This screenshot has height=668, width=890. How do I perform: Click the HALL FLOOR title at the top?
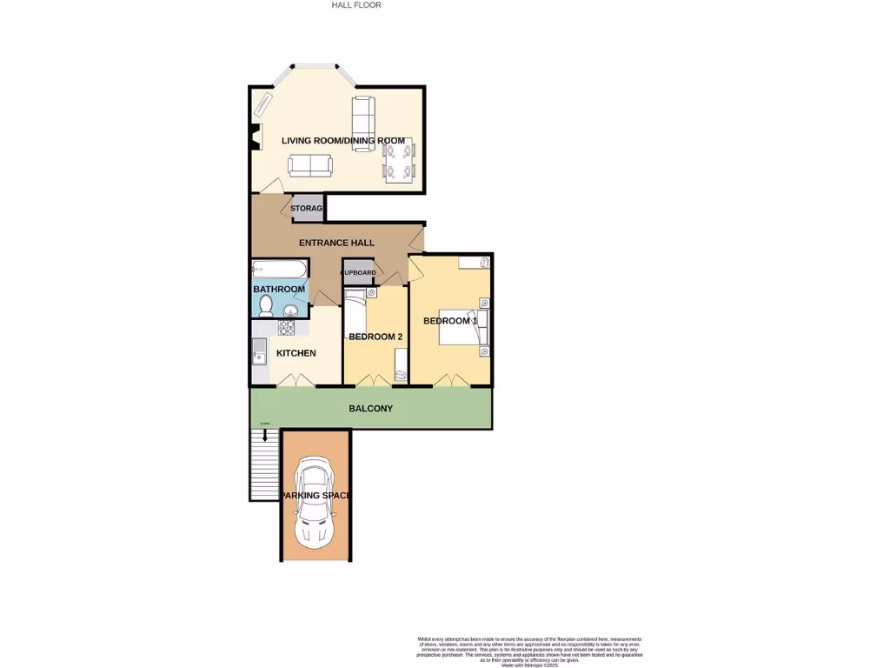(356, 5)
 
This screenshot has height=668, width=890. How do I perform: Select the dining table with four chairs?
(400, 161)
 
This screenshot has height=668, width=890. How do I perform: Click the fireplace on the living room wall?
(255, 137)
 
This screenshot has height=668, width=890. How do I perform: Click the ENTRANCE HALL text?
(336, 243)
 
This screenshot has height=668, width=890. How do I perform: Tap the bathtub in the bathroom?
(279, 269)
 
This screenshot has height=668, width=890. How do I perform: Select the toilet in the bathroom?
(267, 305)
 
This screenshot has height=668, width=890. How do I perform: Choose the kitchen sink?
(259, 352)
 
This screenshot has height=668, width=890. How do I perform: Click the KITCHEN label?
(296, 353)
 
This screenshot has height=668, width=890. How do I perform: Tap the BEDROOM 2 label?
(375, 337)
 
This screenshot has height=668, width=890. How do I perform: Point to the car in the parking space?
(315, 504)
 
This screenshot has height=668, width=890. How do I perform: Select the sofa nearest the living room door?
(310, 164)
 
